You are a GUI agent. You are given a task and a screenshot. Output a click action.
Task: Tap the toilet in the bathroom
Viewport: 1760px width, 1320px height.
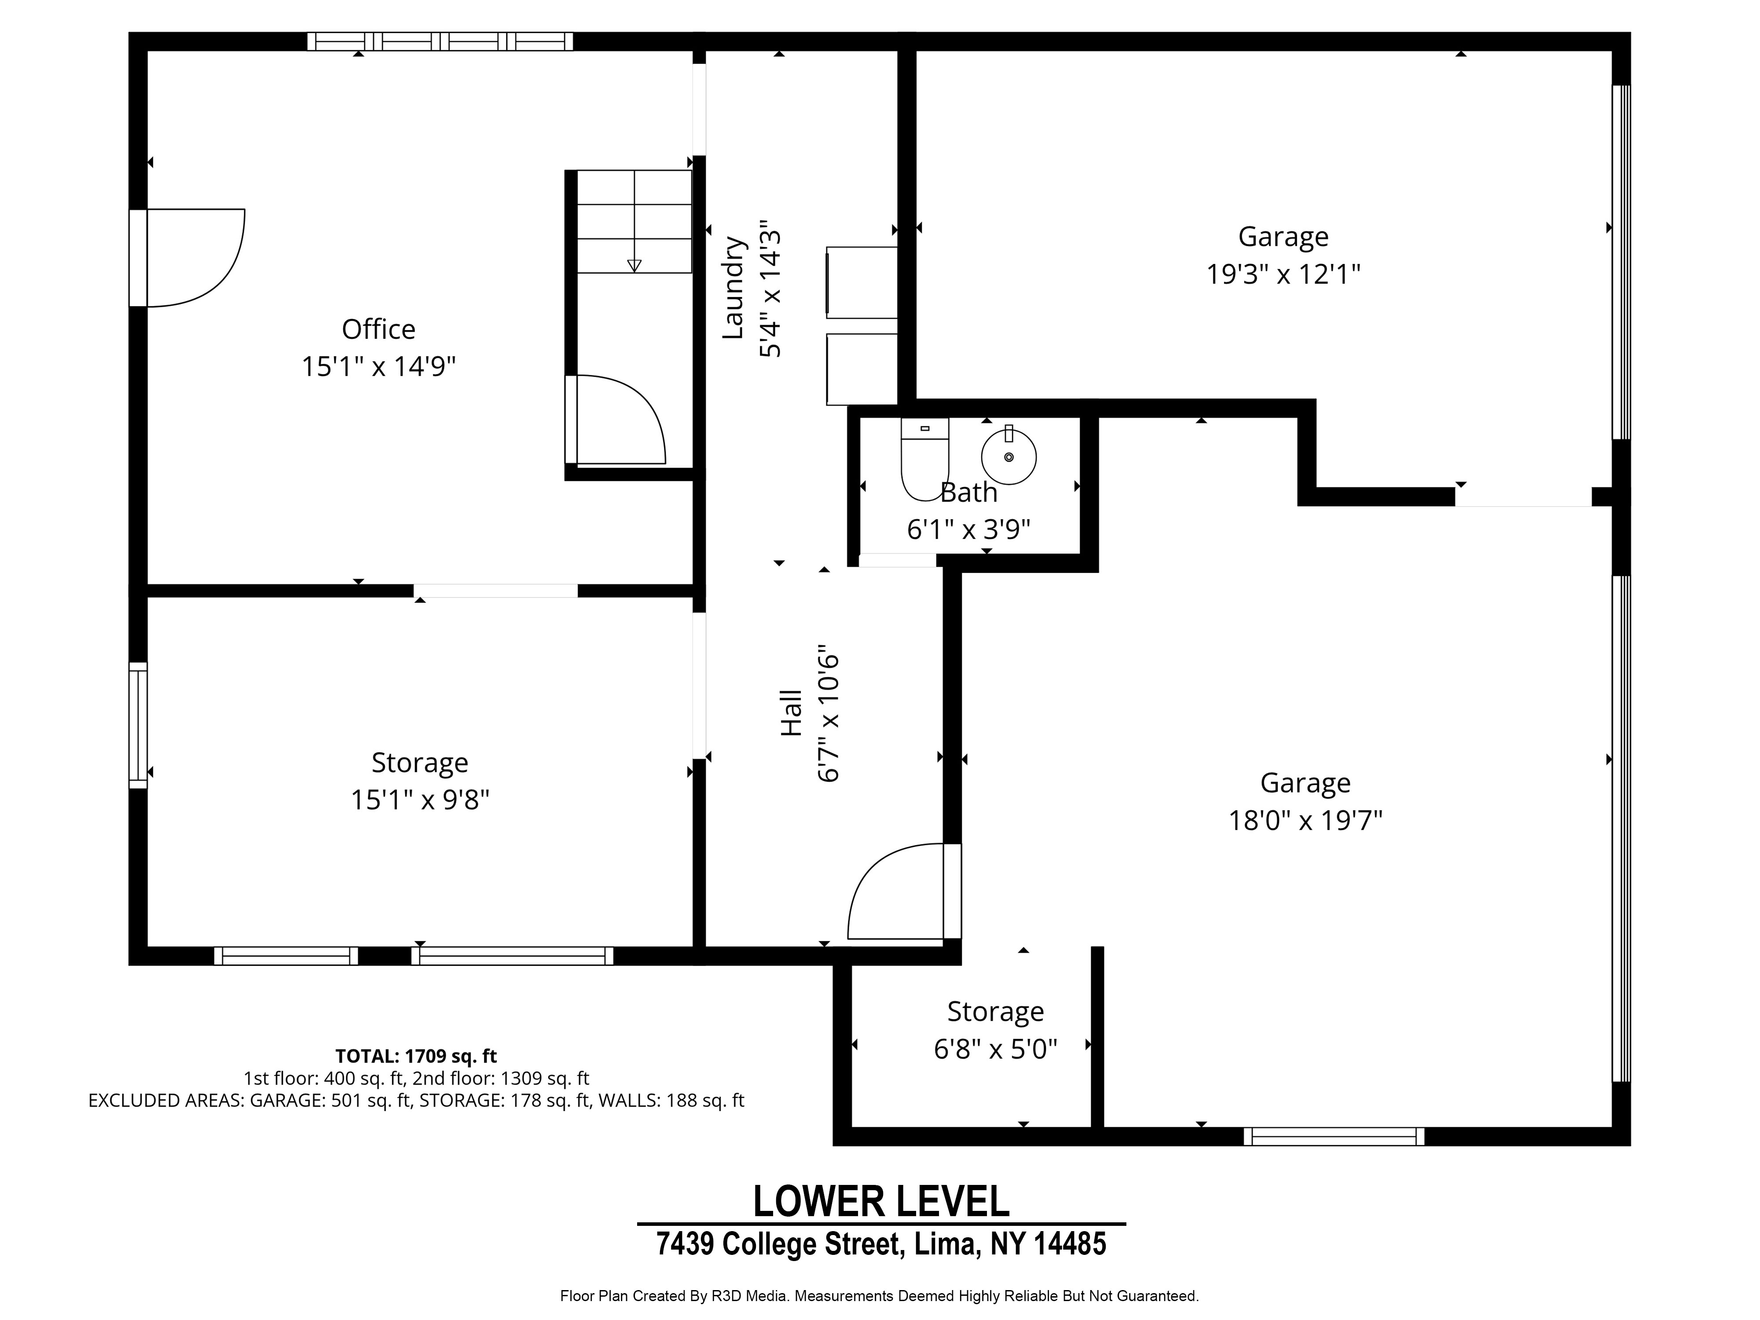(x=924, y=459)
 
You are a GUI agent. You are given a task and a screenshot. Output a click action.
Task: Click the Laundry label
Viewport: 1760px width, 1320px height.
(x=733, y=288)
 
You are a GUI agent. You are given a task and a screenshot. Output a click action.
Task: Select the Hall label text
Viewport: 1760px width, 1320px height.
(x=791, y=713)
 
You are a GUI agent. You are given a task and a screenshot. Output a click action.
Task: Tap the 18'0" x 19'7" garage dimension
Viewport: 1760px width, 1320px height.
(x=1305, y=820)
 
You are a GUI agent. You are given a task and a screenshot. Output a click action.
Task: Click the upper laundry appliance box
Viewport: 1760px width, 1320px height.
(x=862, y=282)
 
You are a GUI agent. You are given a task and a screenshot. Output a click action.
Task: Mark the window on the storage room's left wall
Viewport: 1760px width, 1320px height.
(x=138, y=725)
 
